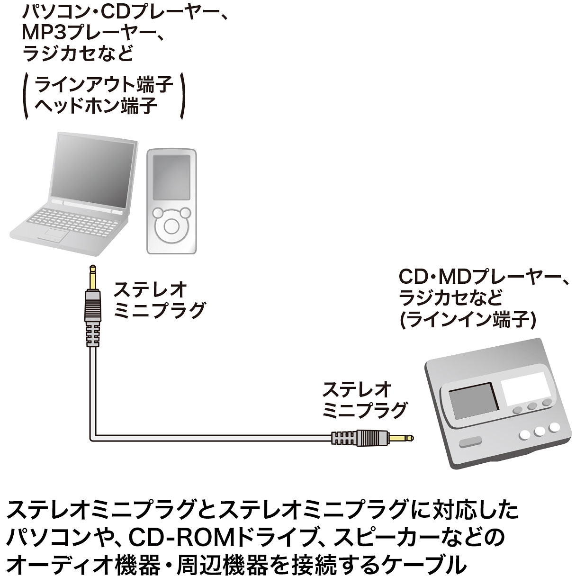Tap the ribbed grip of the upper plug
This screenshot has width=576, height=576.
(x=92, y=334)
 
